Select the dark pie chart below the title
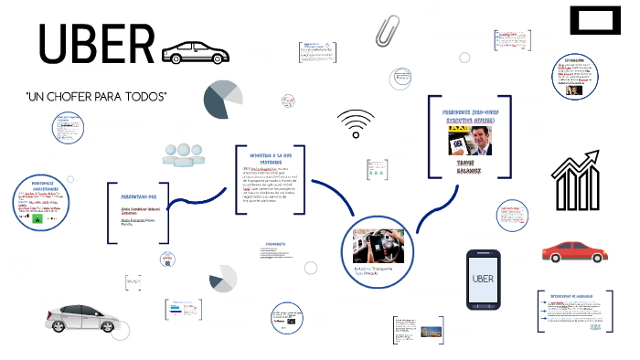tap(223, 100)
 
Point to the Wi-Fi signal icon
tap(355, 124)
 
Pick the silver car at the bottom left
tap(82, 316)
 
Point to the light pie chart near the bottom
tap(222, 279)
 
